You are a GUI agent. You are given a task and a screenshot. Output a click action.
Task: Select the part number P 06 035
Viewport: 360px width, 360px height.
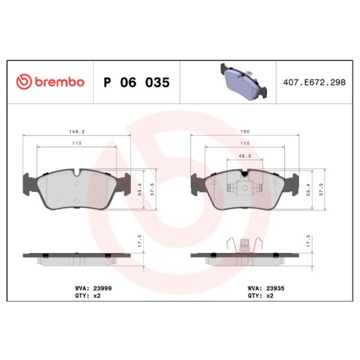136,82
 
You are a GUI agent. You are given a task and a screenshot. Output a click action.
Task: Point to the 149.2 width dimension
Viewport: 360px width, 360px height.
76,131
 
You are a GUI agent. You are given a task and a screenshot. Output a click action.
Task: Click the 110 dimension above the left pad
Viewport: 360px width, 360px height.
76,143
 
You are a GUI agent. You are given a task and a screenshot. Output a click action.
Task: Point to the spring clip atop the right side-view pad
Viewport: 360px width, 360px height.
244,243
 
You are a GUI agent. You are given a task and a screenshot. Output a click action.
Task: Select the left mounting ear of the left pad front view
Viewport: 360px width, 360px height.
27,182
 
